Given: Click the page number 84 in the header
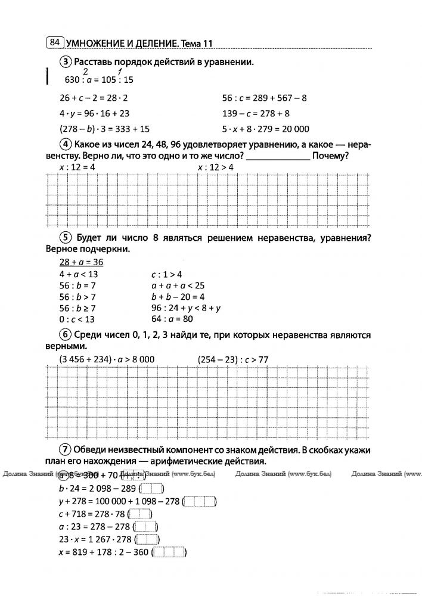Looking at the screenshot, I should (54, 42).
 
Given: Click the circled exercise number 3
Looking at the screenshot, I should (65, 61).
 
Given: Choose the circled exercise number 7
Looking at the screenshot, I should (65, 449).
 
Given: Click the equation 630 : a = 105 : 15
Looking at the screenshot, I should (95, 80).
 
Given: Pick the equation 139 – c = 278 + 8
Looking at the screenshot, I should (255, 113).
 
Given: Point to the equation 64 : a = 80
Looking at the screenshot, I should (173, 319).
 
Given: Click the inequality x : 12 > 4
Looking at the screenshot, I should (215, 168).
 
